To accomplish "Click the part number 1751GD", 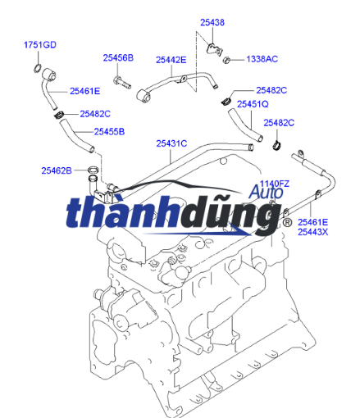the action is pyautogui.click(x=40, y=45).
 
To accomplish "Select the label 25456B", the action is pyautogui.click(x=118, y=58).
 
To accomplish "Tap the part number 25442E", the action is pyautogui.click(x=171, y=60).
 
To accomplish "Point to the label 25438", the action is pyautogui.click(x=212, y=22).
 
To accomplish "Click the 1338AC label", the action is pyautogui.click(x=262, y=59).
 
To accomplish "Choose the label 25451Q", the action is pyautogui.click(x=253, y=104).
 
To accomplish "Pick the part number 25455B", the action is pyautogui.click(x=109, y=132).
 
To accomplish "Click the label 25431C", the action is pyautogui.click(x=171, y=143).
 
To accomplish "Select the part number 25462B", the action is pyautogui.click(x=57, y=170).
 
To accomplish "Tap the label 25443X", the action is pyautogui.click(x=312, y=232).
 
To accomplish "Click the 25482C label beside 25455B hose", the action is pyautogui.click(x=95, y=114).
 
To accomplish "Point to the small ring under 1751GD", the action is pyautogui.click(x=38, y=68).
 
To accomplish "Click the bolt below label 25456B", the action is pyautogui.click(x=122, y=83).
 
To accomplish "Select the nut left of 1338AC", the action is pyautogui.click(x=226, y=60).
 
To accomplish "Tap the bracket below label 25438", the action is pyautogui.click(x=214, y=49).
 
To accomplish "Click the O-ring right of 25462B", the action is pyautogui.click(x=93, y=170).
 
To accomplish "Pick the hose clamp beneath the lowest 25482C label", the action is pyautogui.click(x=278, y=145).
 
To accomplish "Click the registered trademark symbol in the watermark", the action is pyautogui.click(x=287, y=223).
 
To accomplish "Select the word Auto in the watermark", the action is pyautogui.click(x=266, y=192).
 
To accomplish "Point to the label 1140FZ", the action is pyautogui.click(x=274, y=183).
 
